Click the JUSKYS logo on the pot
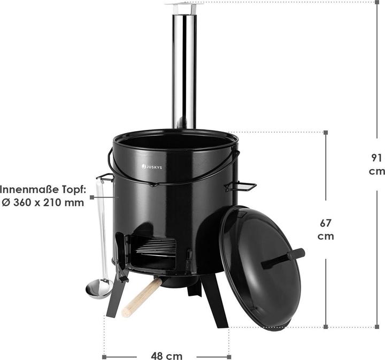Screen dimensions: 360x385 [154, 166]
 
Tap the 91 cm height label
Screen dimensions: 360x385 [376, 164]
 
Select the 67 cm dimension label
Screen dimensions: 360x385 [325, 229]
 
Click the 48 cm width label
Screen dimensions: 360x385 [166, 356]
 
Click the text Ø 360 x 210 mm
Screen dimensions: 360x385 [42, 203]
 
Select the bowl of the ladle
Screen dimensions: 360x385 [99, 289]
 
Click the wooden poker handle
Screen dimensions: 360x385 [142, 297]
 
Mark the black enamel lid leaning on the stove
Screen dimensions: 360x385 [259, 267]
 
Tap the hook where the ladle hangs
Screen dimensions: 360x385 [104, 177]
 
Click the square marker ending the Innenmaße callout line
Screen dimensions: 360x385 [92, 197]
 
